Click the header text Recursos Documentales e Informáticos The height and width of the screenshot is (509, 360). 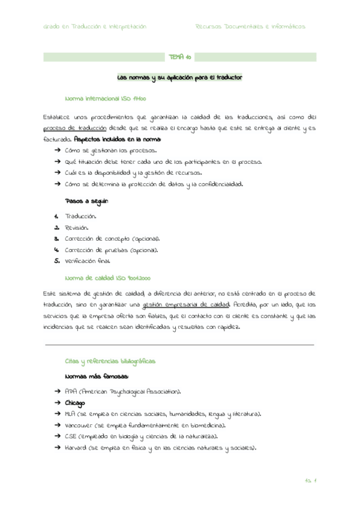point(250,26)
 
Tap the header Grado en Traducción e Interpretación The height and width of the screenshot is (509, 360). point(95,26)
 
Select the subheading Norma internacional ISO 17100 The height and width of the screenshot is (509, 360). point(105,98)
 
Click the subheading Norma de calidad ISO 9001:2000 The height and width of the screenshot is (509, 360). point(107,278)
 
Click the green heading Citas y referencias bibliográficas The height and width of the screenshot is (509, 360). point(110,361)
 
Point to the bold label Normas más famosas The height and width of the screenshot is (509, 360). point(96,376)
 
